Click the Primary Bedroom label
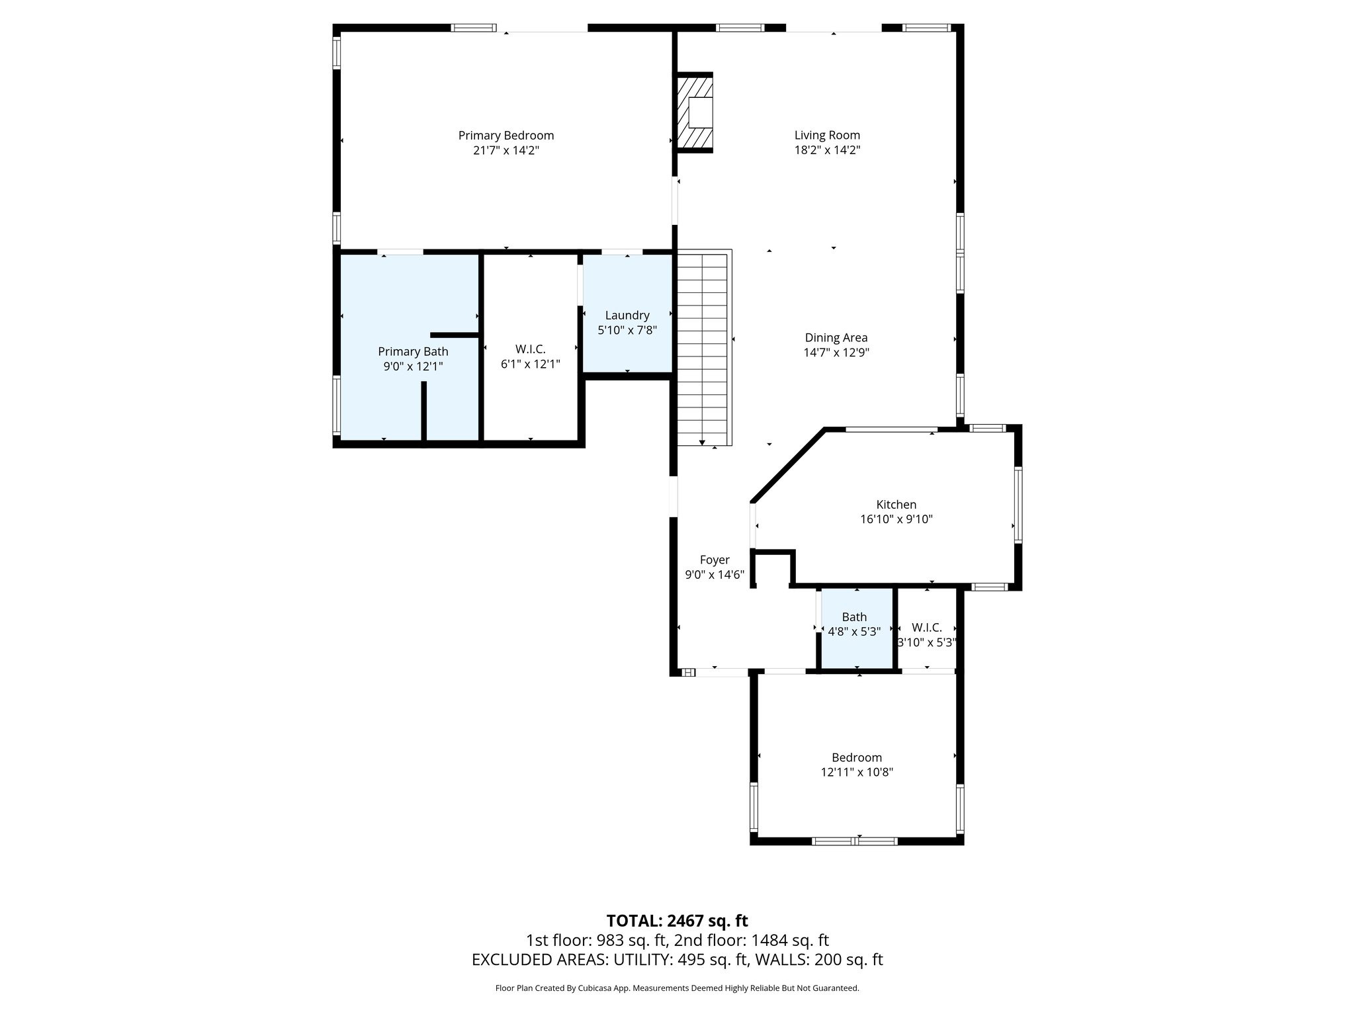tap(505, 136)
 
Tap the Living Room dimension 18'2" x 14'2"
tap(827, 150)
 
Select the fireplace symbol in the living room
tap(694, 112)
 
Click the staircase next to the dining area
tap(703, 347)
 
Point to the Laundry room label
tap(627, 316)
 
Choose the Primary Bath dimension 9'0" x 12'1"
tap(413, 366)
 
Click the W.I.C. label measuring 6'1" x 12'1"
tap(530, 349)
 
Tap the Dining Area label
tap(836, 338)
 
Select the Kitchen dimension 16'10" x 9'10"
tap(896, 519)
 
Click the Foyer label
tap(714, 560)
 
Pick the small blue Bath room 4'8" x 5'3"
tap(856, 628)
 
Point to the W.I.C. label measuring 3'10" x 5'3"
tap(926, 628)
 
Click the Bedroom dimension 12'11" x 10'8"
tap(857, 772)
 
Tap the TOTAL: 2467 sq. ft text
tap(677, 921)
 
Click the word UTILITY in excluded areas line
tap(640, 960)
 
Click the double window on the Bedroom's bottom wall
tap(855, 841)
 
